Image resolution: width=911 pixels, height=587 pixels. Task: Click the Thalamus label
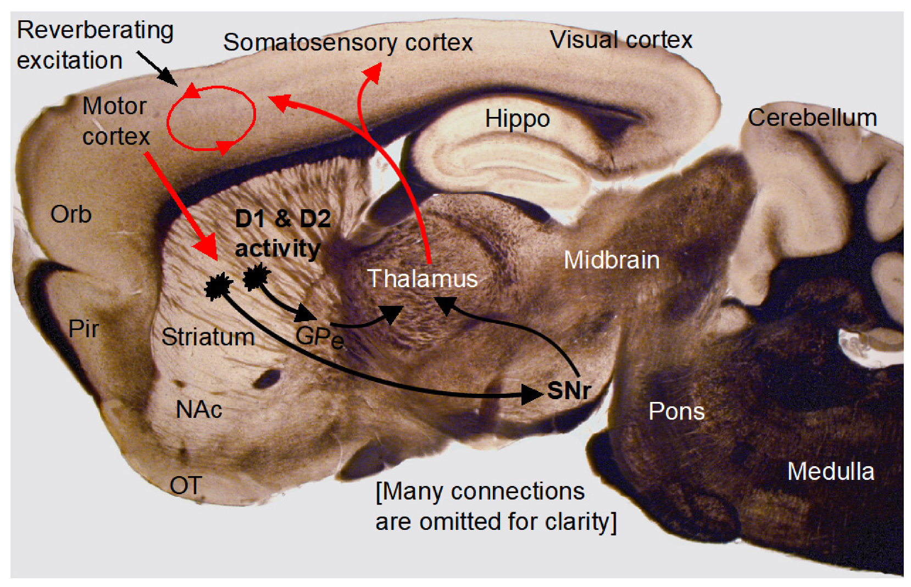point(422,279)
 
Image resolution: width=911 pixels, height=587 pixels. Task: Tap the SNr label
point(568,391)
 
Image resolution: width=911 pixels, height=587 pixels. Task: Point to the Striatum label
point(208,337)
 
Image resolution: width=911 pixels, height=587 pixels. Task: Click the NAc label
point(199,410)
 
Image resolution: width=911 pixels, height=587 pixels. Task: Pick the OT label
point(186,485)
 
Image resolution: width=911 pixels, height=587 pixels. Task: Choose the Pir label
point(84,329)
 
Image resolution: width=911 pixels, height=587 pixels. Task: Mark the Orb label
point(71,214)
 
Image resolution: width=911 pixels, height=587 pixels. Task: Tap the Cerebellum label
point(812,118)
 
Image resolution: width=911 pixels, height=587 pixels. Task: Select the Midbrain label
point(612,260)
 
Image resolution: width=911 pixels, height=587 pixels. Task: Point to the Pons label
point(676,411)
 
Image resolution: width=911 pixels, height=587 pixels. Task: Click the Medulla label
point(830,472)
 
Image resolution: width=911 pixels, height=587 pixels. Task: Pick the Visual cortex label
point(621,40)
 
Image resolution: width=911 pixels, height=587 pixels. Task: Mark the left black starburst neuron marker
point(218,286)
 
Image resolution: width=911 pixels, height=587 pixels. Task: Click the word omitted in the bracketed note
point(460,522)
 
